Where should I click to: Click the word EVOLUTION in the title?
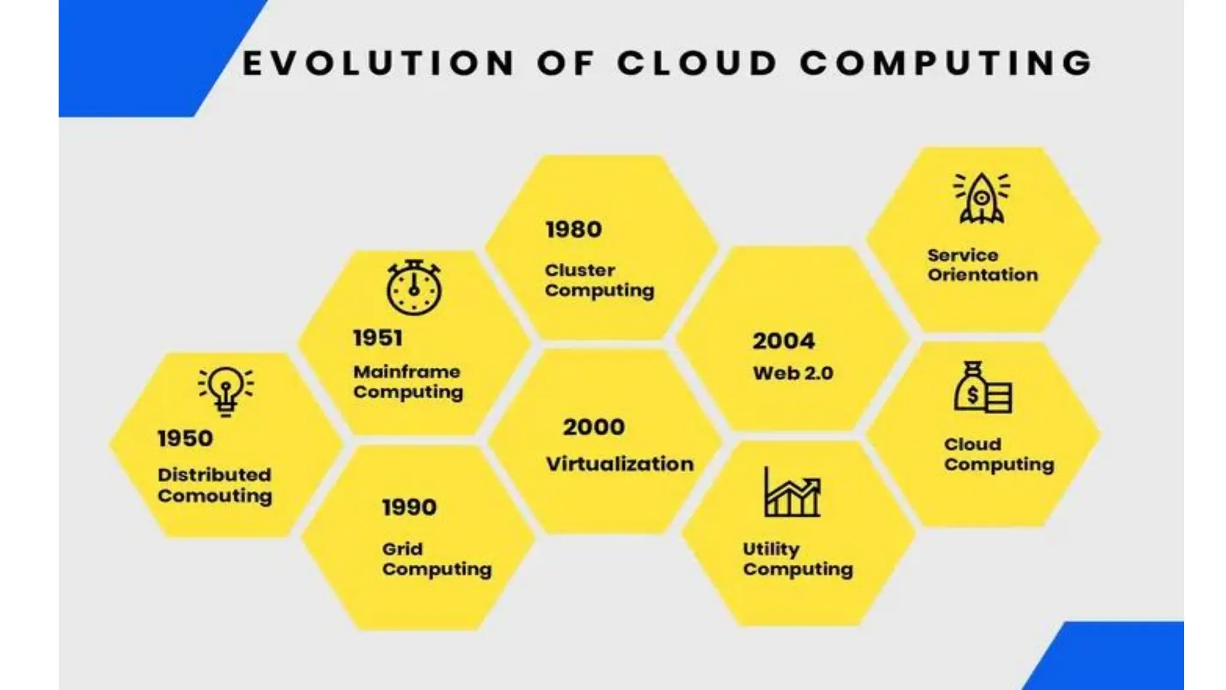tap(378, 63)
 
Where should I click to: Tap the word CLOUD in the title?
tap(697, 63)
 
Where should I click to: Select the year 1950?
tap(185, 438)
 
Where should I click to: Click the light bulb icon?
tap(226, 391)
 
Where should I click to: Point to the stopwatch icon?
tap(414, 288)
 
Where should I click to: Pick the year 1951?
tap(378, 338)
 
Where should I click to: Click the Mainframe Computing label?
tap(408, 382)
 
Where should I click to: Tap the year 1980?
tap(573, 229)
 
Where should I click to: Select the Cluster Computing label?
tap(599, 280)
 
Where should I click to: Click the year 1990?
tap(409, 507)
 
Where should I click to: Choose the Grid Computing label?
tap(437, 559)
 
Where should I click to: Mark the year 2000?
tap(594, 427)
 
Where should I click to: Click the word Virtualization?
tap(620, 464)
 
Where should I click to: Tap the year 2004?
tap(784, 341)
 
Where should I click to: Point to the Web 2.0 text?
tap(793, 373)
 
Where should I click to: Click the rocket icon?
tap(982, 198)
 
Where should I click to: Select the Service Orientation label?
tap(982, 265)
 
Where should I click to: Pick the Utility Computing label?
tap(797, 559)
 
